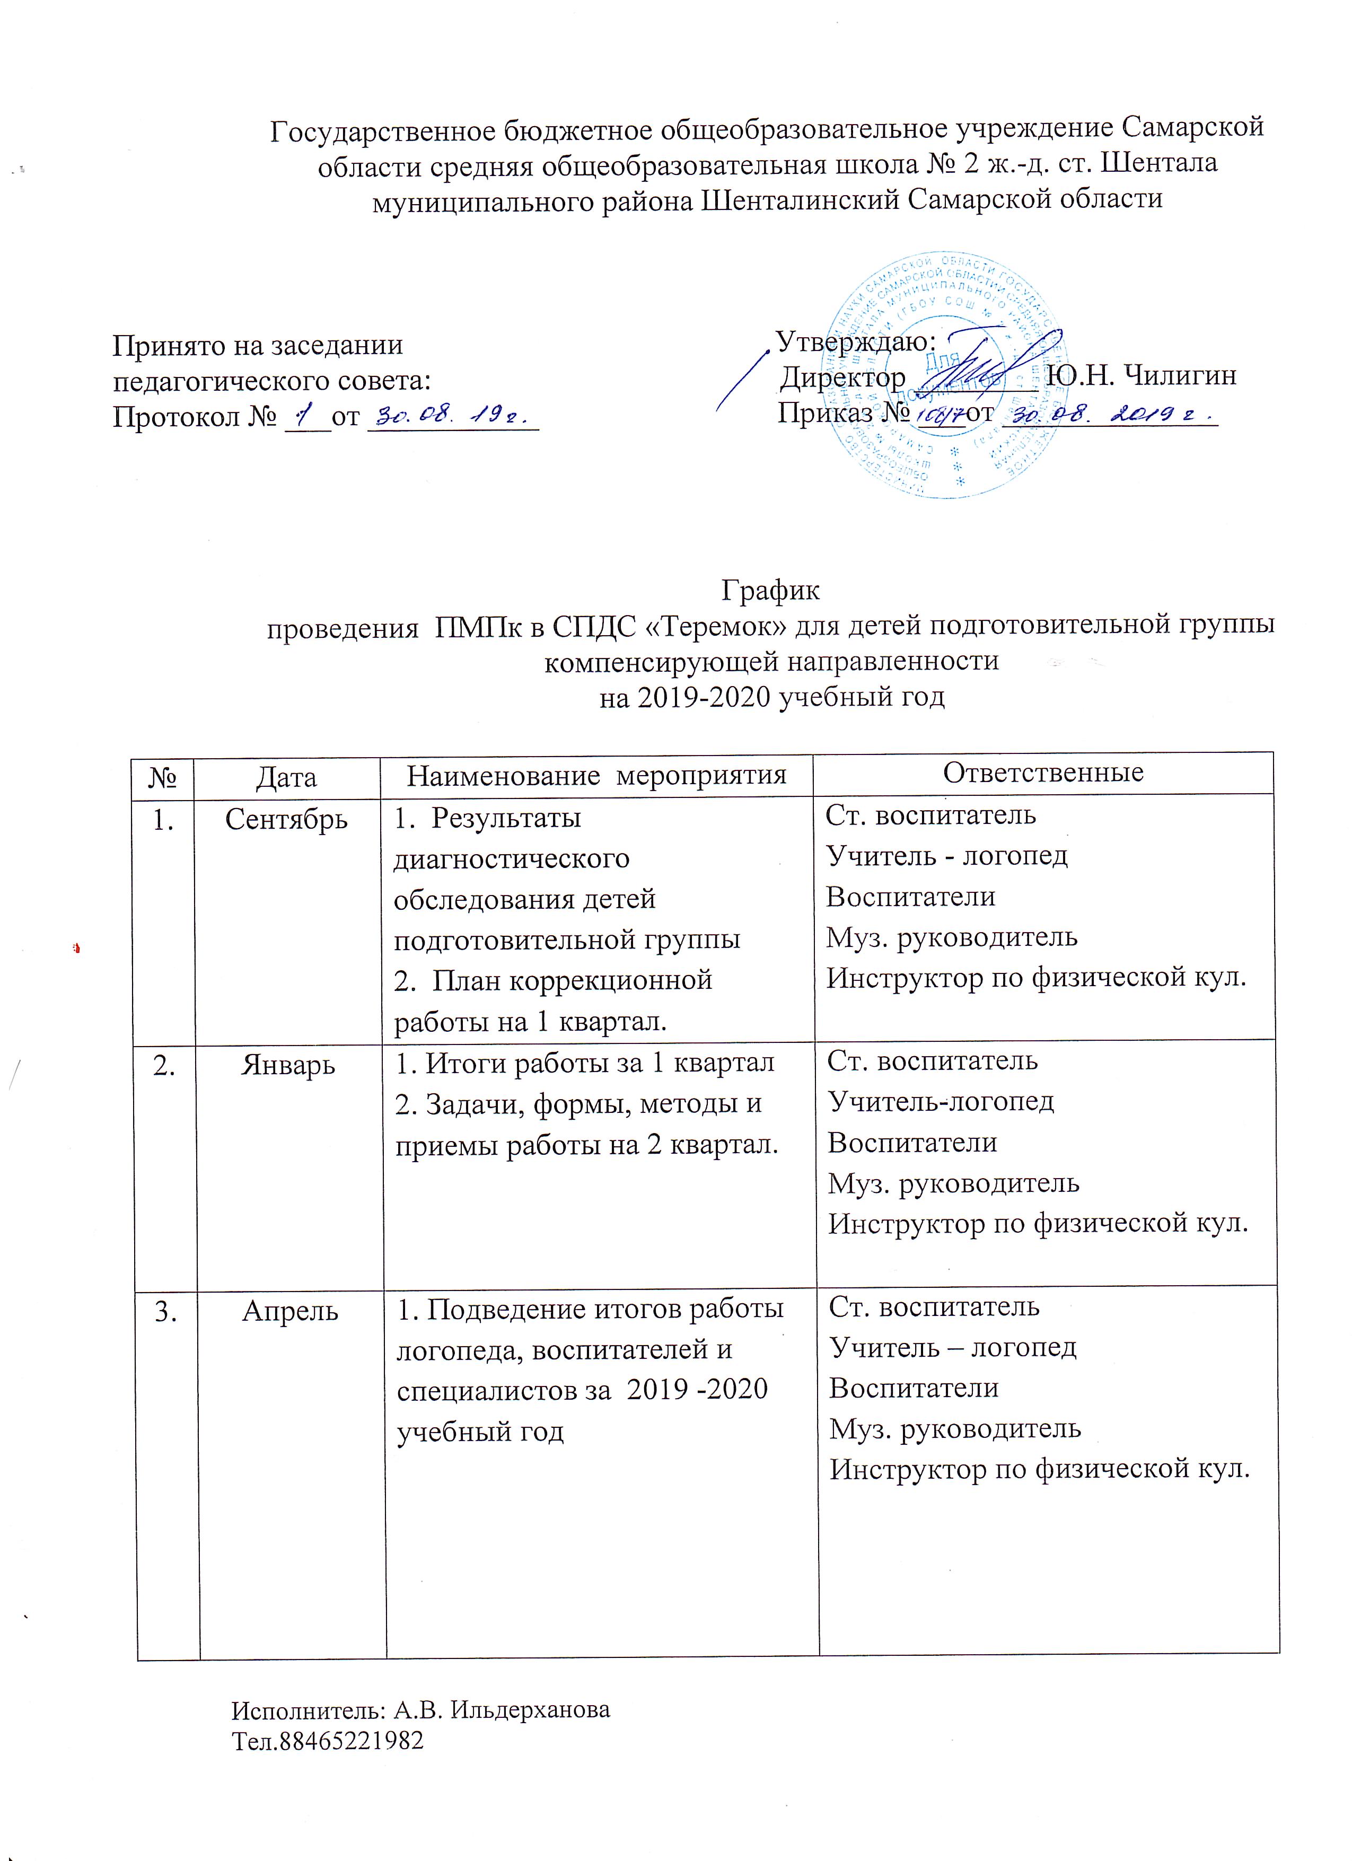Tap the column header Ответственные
tap(1043, 772)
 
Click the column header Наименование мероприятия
tap(596, 775)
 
